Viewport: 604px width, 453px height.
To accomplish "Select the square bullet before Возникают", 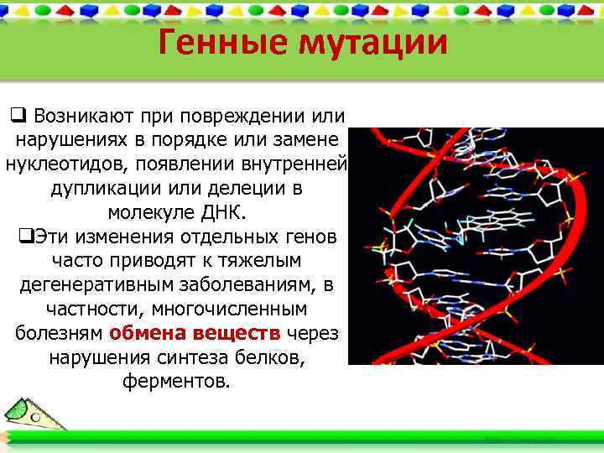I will click(18, 113).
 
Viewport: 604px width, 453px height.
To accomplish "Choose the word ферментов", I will click(174, 383).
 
